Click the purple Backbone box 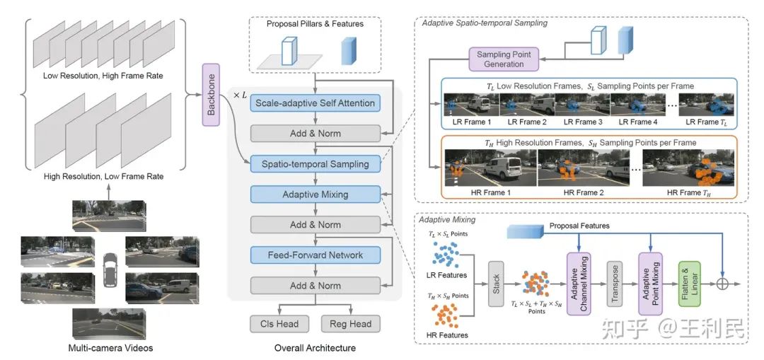click(212, 94)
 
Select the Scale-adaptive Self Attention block click(316, 103)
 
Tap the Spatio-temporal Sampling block click(316, 163)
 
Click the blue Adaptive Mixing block click(316, 193)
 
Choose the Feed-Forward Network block click(316, 255)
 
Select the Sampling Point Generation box click(504, 59)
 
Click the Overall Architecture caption click(315, 348)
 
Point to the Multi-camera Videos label click(110, 348)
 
